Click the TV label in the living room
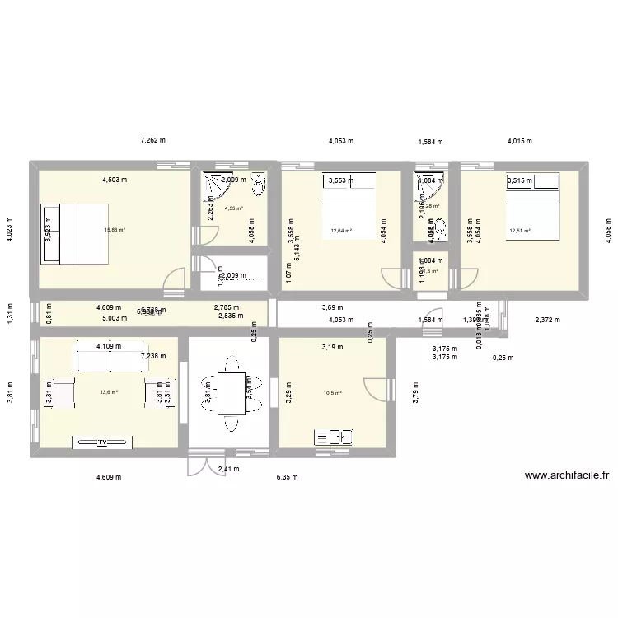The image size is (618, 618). pos(103,442)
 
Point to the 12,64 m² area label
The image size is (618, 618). pos(341,232)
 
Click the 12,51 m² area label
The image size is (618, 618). pos(520,232)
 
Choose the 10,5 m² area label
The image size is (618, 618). pos(334,393)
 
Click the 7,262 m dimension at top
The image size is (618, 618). pos(152,141)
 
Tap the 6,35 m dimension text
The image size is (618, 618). pos(287,477)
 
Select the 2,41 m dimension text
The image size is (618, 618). pos(228,470)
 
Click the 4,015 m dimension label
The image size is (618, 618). pos(519,141)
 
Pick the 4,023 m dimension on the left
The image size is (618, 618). pos(11,232)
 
